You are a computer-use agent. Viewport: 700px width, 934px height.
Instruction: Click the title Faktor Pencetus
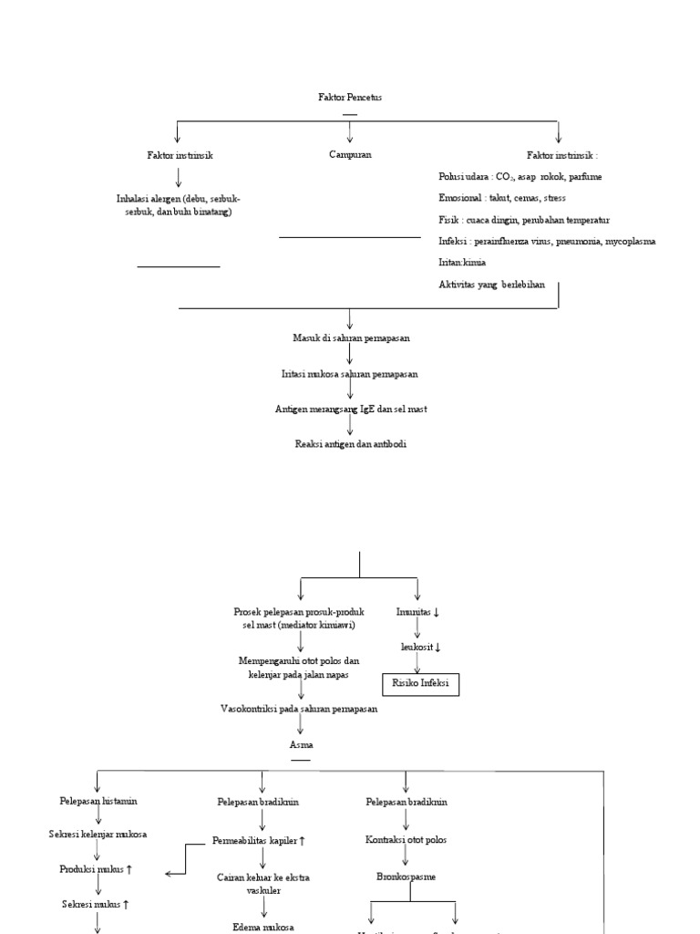(350, 97)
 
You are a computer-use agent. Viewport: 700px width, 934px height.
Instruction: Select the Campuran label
(350, 155)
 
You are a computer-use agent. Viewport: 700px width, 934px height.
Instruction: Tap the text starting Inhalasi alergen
(179, 205)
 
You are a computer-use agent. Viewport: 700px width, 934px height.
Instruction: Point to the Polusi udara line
(520, 176)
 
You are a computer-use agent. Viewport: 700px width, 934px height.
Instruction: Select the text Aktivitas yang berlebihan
(491, 285)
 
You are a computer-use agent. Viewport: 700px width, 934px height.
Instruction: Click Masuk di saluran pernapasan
(351, 337)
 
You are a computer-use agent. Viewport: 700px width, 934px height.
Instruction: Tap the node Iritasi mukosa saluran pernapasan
(350, 373)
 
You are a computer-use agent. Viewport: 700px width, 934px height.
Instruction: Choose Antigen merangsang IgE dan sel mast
(351, 409)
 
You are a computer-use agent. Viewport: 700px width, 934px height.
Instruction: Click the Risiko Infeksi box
(420, 683)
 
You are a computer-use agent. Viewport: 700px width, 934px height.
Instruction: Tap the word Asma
(301, 745)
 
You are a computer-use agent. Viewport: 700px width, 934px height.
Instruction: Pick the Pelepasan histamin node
(96, 801)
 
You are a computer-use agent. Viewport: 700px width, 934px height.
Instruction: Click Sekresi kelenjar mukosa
(98, 835)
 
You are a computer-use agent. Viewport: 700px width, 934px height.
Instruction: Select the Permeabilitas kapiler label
(265, 839)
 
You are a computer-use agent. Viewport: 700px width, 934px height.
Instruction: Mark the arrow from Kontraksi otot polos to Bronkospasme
(406, 857)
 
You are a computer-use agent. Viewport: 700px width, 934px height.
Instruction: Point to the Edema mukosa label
(263, 927)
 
